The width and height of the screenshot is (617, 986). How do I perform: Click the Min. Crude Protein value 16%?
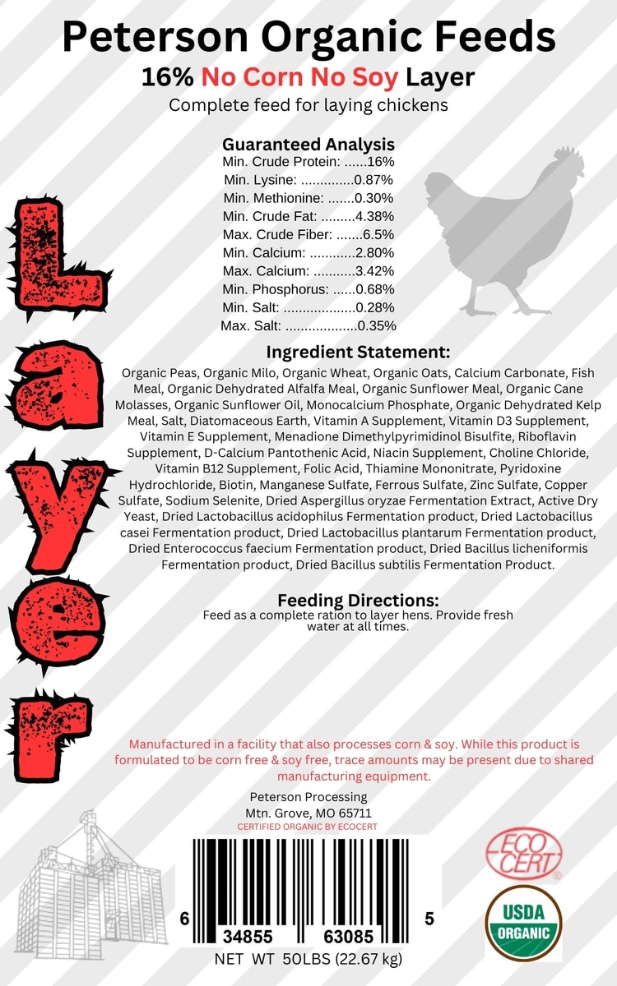pyautogui.click(x=380, y=162)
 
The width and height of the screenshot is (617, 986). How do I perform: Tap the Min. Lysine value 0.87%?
pyautogui.click(x=373, y=180)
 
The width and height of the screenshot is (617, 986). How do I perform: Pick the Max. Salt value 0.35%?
pyautogui.click(x=377, y=325)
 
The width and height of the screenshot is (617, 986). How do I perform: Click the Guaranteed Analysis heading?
pyautogui.click(x=308, y=144)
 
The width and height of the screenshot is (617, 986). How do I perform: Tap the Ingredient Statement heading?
pyautogui.click(x=358, y=352)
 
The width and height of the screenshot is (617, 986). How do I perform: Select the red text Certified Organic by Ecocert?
pyautogui.click(x=307, y=827)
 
